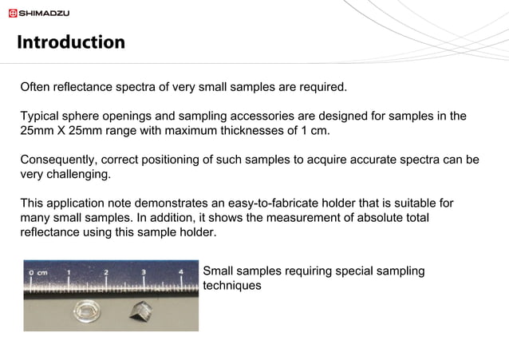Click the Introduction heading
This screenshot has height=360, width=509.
point(71,42)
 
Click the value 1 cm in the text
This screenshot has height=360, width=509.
point(314,130)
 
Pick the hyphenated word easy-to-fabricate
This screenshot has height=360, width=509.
point(285,204)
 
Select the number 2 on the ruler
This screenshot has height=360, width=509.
point(106,273)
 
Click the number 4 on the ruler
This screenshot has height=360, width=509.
point(181,273)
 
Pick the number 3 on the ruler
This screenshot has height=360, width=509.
point(144,273)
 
